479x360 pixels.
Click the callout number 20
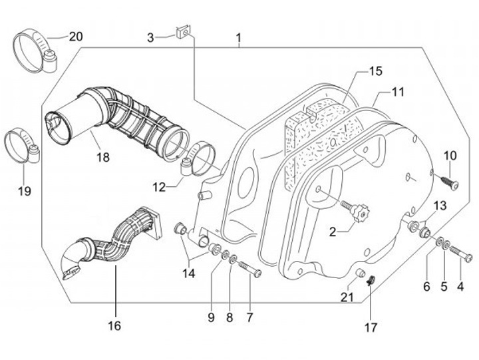coord(76,36)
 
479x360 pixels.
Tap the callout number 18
coord(102,158)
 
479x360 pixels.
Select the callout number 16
coord(114,327)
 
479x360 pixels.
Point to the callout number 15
coord(376,71)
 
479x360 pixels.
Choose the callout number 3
coord(151,37)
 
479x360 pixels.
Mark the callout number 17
coord(371,327)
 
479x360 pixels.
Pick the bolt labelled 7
coord(249,270)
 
